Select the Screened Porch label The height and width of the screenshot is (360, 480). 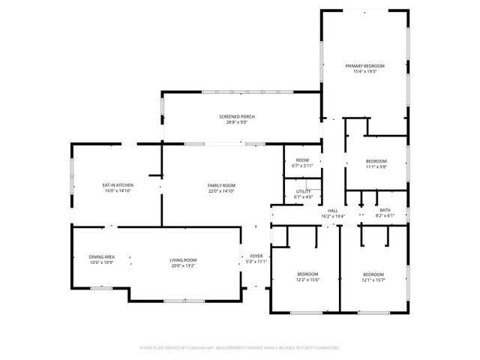(237, 116)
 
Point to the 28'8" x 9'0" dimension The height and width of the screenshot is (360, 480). (237, 122)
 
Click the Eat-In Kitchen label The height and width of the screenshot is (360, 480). (118, 184)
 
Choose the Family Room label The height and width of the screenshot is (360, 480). (221, 184)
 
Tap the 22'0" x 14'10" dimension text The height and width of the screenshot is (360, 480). (221, 191)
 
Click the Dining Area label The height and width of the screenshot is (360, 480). (101, 256)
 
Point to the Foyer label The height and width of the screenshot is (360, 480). (256, 256)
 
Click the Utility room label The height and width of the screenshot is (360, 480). (303, 191)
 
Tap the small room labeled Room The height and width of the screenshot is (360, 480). (302, 160)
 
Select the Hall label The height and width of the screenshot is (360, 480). (333, 210)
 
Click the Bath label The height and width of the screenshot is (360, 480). (385, 210)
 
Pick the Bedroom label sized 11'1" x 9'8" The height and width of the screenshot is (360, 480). (376, 161)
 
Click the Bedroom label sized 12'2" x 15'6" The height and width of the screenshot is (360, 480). (307, 274)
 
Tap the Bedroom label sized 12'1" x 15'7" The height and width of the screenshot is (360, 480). (374, 274)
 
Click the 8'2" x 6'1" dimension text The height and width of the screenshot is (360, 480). (385, 216)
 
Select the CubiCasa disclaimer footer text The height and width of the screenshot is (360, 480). (240, 348)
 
